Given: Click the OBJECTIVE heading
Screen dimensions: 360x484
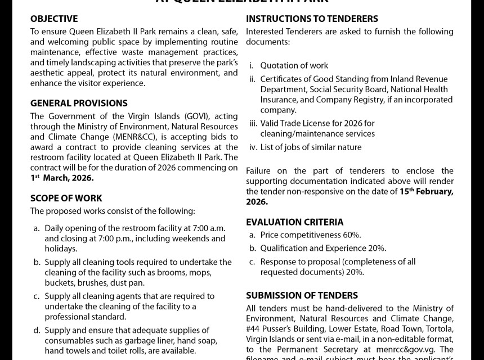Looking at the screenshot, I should [54, 19].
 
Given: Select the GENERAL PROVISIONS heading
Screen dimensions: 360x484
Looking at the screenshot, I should [79, 103].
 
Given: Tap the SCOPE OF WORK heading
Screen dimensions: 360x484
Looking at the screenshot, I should [66, 198].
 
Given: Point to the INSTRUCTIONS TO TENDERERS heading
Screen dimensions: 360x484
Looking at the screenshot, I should [312, 19].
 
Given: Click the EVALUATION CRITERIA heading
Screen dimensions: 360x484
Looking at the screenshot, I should [294, 222].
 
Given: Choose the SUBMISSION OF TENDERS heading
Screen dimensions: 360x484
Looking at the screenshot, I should [302, 295].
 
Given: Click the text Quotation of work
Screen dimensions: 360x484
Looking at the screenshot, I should [294, 66].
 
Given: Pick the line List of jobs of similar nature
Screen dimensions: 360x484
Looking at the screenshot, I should [311, 147].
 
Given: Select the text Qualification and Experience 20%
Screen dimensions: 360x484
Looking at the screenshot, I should [323, 248].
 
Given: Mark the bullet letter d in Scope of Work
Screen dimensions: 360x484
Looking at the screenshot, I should [37, 330].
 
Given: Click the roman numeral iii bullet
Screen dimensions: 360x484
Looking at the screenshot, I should [253, 123].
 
